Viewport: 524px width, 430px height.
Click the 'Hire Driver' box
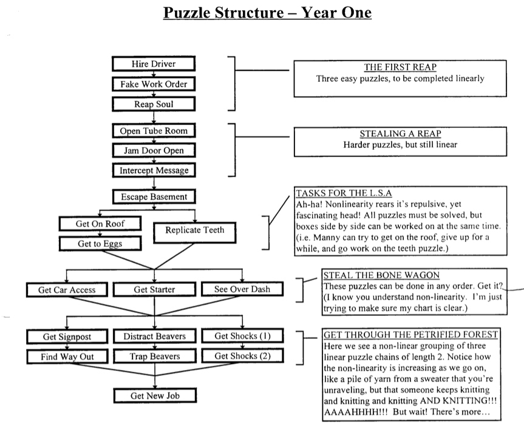[153, 64]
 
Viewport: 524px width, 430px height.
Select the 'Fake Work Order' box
[153, 84]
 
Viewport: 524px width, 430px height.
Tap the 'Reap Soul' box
[153, 104]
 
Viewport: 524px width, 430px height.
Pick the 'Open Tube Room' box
[153, 130]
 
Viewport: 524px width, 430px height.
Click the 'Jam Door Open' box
[153, 150]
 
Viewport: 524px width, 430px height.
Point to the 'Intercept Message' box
[153, 170]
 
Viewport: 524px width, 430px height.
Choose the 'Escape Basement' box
[153, 197]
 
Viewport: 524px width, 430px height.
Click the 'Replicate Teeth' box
[194, 230]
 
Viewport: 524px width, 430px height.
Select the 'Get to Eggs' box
[100, 244]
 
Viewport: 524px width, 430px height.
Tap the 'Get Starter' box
[154, 290]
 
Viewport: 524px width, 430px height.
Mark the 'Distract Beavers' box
[154, 337]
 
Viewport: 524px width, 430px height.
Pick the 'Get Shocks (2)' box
[242, 356]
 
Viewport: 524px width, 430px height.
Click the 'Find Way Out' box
[67, 357]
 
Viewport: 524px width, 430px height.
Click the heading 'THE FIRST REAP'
[400, 67]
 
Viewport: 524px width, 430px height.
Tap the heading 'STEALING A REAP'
[400, 134]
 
